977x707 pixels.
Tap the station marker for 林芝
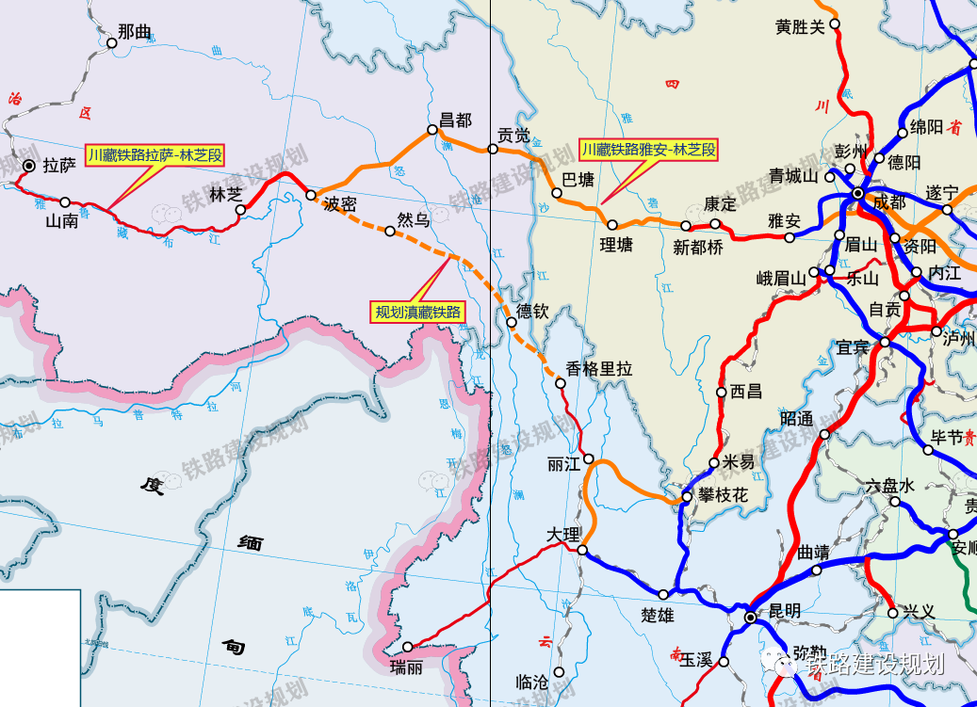pos(240,210)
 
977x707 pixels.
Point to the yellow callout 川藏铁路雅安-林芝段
pos(648,149)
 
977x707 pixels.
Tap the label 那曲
pos(136,32)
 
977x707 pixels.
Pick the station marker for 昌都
pos(433,130)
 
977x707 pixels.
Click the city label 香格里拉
pos(599,370)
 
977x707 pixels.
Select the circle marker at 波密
pos(311,196)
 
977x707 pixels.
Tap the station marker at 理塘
pos(612,225)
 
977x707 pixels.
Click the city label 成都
pos(890,202)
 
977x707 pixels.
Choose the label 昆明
pos(784,611)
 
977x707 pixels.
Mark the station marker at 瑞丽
pos(408,647)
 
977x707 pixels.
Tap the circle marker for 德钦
pos(511,322)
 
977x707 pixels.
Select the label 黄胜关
pos(800,26)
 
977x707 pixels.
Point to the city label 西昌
pos(746,391)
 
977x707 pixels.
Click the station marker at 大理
pos(582,550)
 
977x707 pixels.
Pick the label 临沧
pos(532,682)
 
